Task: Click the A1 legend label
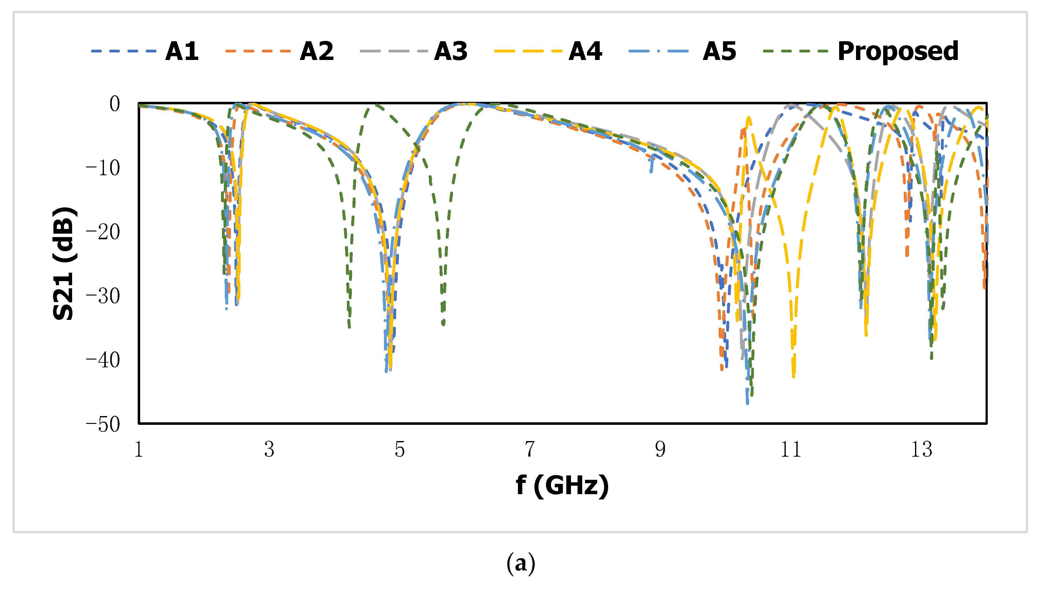click(182, 52)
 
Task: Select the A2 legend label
click(317, 52)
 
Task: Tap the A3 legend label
click(451, 52)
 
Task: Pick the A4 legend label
click(585, 52)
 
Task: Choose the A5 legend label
click(719, 52)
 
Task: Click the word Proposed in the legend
click(898, 52)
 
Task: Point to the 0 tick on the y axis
click(115, 104)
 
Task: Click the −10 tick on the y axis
click(103, 168)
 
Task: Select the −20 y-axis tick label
click(103, 232)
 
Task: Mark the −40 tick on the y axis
click(103, 360)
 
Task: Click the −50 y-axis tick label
click(103, 425)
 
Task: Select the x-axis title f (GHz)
click(562, 485)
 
